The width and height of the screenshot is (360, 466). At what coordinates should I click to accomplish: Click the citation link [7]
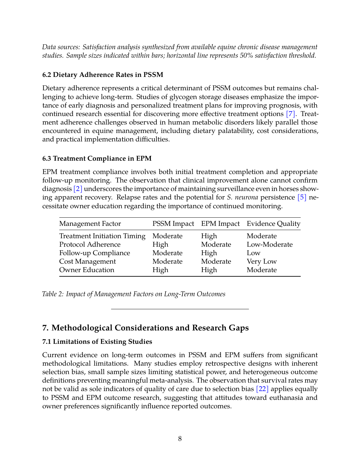[x=290, y=114]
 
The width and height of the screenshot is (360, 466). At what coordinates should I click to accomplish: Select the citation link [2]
[x=78, y=189]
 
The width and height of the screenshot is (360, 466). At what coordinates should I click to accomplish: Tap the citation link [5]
[x=302, y=197]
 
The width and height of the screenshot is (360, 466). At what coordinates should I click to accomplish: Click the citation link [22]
[x=262, y=389]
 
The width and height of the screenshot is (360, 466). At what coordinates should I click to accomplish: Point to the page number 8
[x=180, y=439]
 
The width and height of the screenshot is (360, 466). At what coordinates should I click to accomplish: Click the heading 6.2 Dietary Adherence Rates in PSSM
[x=103, y=75]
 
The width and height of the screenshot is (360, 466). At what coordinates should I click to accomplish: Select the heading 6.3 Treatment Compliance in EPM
[x=97, y=159]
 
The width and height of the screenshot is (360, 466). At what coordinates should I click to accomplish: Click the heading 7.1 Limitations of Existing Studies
[x=97, y=342]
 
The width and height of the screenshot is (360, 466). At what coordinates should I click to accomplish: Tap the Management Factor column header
[x=90, y=224]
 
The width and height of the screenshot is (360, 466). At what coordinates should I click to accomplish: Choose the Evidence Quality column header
[x=273, y=224]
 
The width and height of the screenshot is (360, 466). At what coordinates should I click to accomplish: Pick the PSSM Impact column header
[x=173, y=224]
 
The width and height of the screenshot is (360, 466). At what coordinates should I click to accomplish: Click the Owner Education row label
[x=87, y=270]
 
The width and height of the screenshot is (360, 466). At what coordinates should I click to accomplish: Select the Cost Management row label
[x=87, y=262]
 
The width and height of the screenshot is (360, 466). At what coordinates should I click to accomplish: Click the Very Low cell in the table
[x=261, y=262]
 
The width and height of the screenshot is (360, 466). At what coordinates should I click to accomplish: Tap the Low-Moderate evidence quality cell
[x=269, y=245]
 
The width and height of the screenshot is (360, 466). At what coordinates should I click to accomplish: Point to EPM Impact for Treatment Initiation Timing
[x=209, y=236]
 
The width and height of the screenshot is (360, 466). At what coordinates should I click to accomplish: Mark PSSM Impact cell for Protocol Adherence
[x=160, y=245]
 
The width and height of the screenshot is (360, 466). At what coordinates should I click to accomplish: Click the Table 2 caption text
[x=134, y=294]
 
